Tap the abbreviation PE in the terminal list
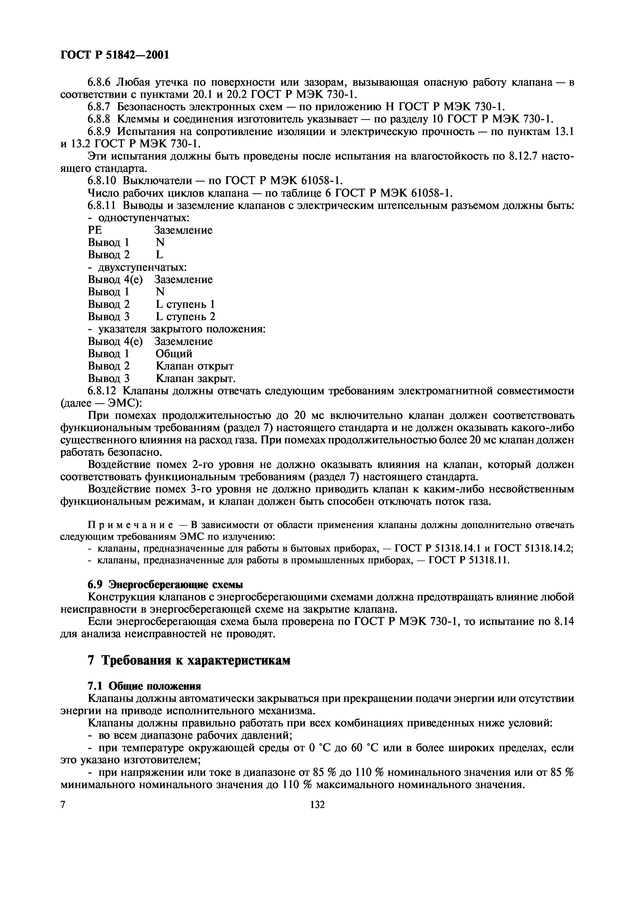pyautogui.click(x=95, y=230)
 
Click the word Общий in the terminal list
pyautogui.click(x=174, y=354)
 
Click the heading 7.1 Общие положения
pyautogui.click(x=144, y=686)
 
